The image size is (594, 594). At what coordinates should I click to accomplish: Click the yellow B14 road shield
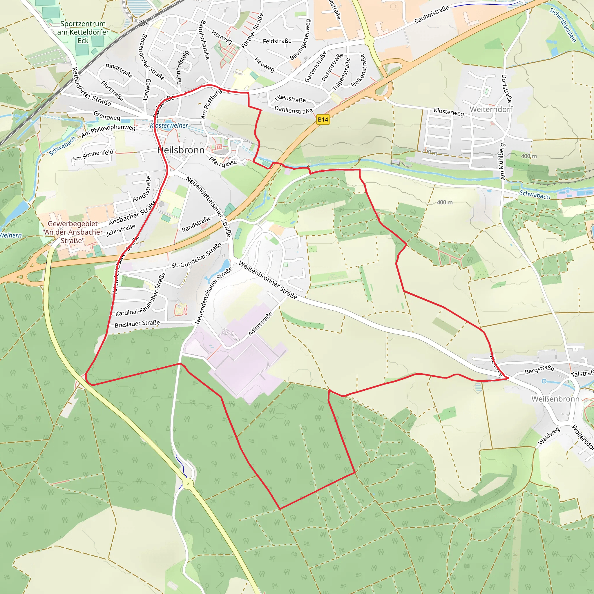click(x=323, y=119)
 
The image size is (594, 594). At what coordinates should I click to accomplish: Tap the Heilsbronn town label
click(x=181, y=150)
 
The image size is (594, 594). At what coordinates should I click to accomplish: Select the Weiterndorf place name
click(x=491, y=109)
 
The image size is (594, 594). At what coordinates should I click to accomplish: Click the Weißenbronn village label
click(x=555, y=399)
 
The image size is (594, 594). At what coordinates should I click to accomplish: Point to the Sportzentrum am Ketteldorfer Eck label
click(x=83, y=32)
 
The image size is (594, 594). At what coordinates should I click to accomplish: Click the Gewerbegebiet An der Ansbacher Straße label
click(x=73, y=232)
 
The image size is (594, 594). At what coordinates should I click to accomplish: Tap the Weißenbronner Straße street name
click(x=268, y=280)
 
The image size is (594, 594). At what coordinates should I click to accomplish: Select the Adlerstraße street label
click(x=260, y=324)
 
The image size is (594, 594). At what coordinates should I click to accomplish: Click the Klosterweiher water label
click(x=169, y=125)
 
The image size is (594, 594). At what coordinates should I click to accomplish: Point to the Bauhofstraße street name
click(x=432, y=15)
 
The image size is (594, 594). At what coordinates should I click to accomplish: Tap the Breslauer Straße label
click(x=137, y=324)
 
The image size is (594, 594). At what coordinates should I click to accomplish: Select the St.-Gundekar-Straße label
click(x=196, y=256)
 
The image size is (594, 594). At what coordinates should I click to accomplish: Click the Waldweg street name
click(x=549, y=436)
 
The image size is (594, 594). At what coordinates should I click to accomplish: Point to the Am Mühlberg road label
click(x=502, y=162)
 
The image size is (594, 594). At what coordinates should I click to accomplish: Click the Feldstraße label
click(x=277, y=41)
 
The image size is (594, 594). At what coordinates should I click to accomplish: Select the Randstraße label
click(x=196, y=224)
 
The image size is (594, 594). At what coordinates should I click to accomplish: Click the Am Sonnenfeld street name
click(x=93, y=155)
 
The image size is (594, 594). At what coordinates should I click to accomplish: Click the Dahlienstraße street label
click(x=293, y=110)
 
